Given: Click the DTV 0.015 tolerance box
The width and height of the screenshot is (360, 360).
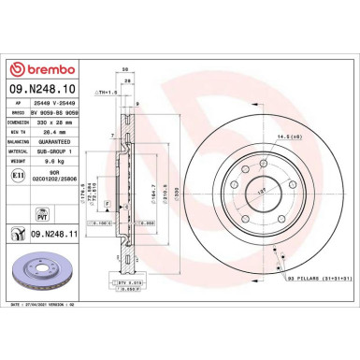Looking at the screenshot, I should tap(131, 281).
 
